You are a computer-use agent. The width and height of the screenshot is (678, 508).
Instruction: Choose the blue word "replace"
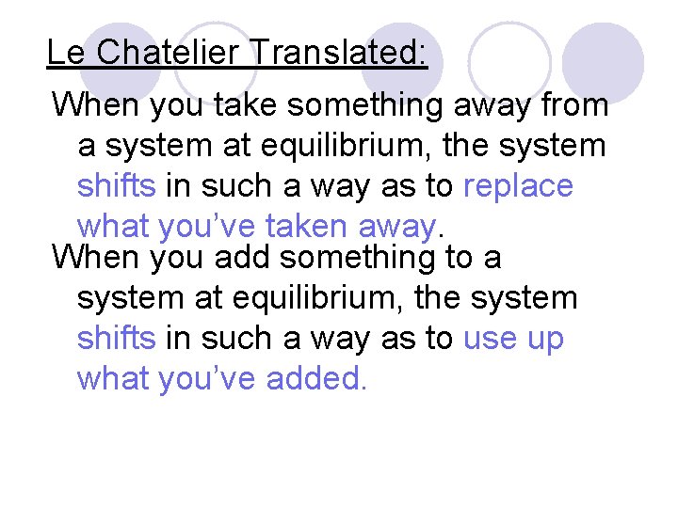(518, 185)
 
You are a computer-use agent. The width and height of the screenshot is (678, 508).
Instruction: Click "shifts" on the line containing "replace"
(116, 185)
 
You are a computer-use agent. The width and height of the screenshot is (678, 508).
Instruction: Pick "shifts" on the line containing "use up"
(116, 338)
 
